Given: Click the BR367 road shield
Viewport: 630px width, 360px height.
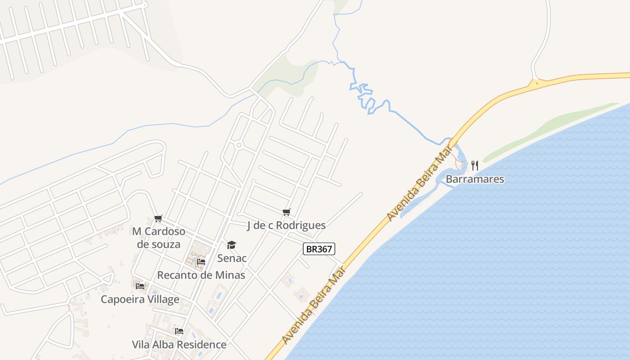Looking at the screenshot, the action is (x=319, y=249).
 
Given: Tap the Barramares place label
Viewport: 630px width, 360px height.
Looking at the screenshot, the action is (x=475, y=179).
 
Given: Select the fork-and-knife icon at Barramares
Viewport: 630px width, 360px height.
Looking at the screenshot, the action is (x=474, y=166).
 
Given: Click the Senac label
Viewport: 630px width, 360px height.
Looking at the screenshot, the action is (x=232, y=258).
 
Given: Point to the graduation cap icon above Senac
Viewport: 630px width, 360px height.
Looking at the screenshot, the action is (x=231, y=245).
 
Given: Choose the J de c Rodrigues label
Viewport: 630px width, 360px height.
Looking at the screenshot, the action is (x=286, y=225).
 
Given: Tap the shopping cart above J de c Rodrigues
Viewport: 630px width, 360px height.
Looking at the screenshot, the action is (x=286, y=212).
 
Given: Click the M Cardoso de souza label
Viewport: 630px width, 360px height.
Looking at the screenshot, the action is (x=158, y=238).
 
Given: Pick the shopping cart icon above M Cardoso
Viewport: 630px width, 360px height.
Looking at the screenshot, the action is (x=158, y=219).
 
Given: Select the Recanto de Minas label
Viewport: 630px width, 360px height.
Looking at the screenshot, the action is (x=201, y=275).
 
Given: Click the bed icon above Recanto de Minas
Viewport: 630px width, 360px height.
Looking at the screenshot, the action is (x=201, y=261).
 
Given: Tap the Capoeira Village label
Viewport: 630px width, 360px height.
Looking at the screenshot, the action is (x=140, y=299).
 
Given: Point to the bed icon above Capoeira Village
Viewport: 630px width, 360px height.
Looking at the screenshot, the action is (x=140, y=286).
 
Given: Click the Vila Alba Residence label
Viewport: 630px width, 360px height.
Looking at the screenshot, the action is (x=179, y=345).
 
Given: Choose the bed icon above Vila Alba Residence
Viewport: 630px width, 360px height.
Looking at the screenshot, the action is (x=179, y=331).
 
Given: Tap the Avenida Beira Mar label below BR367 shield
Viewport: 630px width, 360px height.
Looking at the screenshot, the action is (x=314, y=305).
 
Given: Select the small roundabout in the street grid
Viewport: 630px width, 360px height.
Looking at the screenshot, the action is (x=239, y=145).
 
